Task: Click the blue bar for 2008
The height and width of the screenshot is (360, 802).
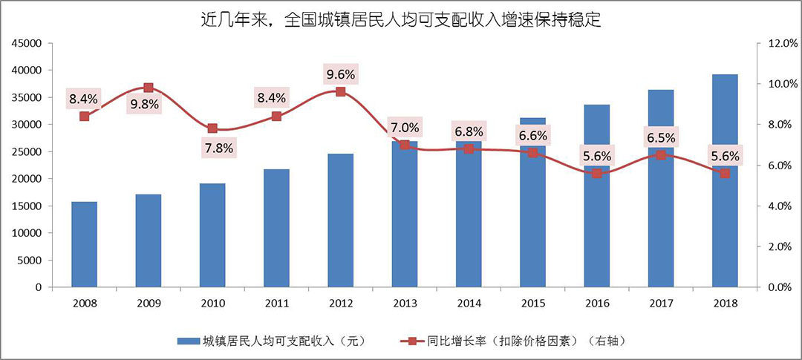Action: [x=84, y=244]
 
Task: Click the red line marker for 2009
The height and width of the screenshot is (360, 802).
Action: [x=148, y=88]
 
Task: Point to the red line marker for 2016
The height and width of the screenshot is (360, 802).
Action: [x=596, y=173]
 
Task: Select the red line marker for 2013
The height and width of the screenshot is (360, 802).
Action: [x=404, y=145]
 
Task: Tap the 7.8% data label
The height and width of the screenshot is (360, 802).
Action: [x=218, y=148]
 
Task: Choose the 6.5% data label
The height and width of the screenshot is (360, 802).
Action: [x=660, y=137]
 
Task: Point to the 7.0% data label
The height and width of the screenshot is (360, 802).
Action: [x=405, y=127]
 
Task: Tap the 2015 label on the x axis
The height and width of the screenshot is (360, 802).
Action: [x=532, y=304]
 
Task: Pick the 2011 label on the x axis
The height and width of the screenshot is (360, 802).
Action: [x=276, y=304]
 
